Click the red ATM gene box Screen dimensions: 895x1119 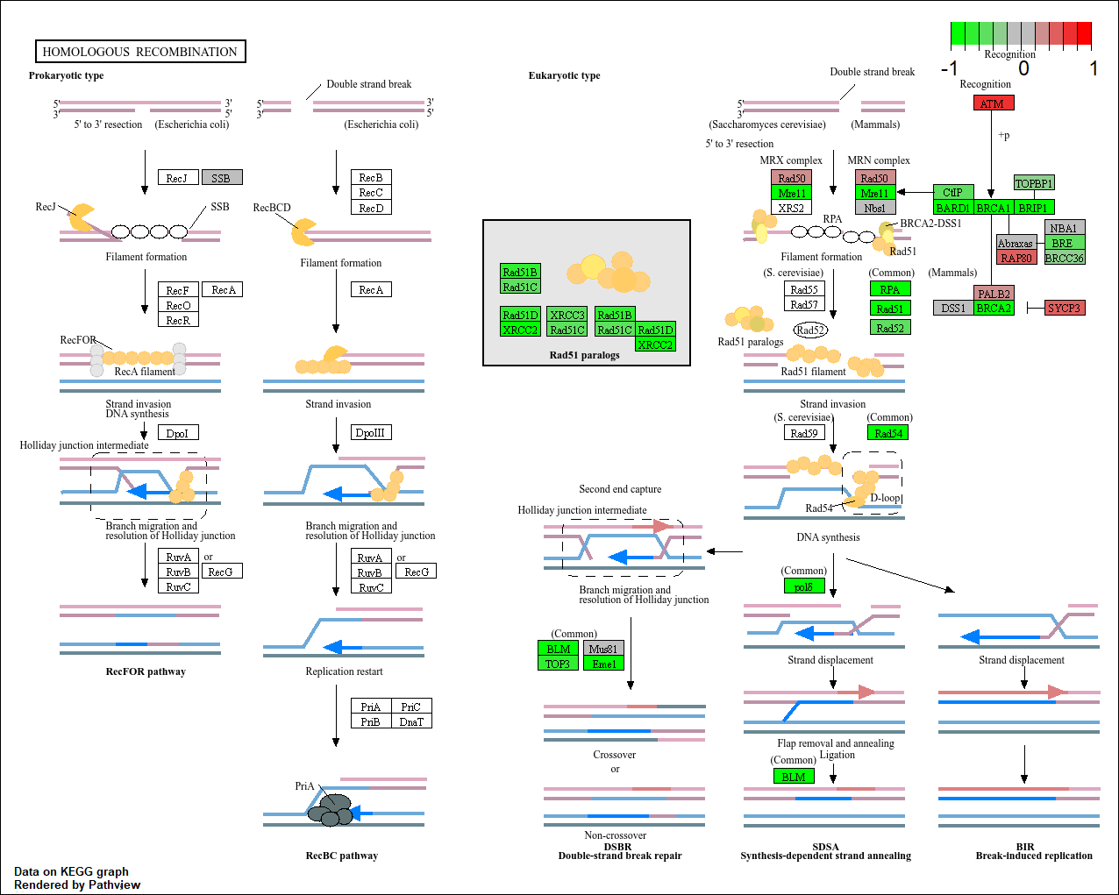993,103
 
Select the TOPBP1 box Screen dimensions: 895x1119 1034,183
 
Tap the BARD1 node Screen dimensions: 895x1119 952,208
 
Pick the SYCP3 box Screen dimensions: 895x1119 1064,308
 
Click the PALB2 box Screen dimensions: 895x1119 994,294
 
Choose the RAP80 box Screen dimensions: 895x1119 1016,258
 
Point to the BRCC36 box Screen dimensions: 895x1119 1064,258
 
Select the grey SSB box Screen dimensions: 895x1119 221,178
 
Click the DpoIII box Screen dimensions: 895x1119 370,432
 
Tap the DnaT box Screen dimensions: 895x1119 411,721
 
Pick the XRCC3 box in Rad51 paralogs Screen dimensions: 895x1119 567,315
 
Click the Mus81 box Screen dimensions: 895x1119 603,649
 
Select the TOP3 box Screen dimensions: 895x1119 558,664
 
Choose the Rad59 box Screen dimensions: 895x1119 803,433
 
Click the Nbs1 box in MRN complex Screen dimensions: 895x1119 874,208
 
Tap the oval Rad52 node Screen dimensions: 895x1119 810,330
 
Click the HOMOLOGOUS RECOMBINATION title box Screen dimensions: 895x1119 140,52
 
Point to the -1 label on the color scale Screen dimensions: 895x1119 949,68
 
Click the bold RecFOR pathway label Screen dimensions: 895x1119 146,671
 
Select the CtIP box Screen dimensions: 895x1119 952,192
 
